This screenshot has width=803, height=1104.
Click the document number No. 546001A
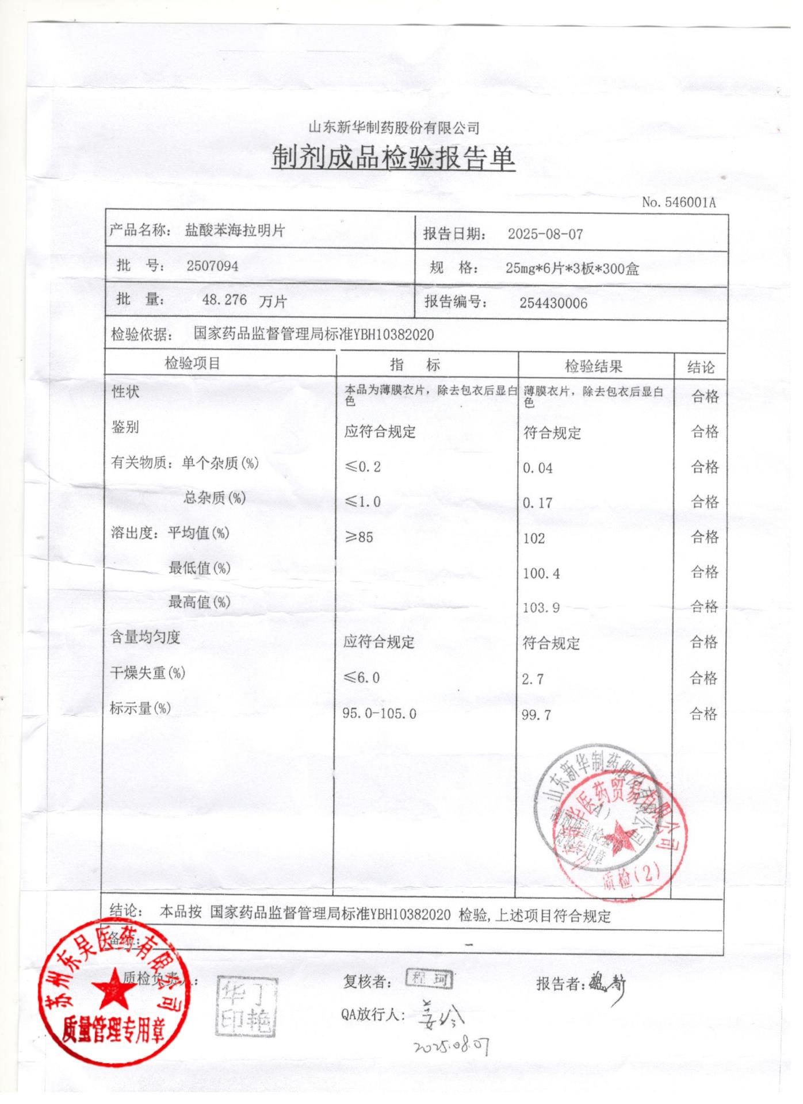679,202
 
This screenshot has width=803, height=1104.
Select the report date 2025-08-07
545,235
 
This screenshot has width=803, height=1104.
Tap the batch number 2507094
212,266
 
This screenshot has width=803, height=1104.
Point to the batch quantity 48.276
224,300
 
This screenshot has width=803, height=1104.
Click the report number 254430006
553,304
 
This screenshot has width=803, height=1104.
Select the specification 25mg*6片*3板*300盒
572,269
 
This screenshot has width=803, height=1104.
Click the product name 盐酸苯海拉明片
235,231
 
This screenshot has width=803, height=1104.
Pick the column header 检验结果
594,366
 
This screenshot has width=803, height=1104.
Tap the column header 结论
701,367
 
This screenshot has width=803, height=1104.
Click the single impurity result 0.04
537,469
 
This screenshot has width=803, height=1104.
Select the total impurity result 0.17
537,503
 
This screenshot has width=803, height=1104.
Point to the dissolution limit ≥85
359,538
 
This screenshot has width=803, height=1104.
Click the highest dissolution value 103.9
541,608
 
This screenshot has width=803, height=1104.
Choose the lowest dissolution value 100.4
541,573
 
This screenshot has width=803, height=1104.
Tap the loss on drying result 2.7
532,679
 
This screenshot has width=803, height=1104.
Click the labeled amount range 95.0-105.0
379,714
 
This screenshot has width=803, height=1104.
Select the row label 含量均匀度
146,637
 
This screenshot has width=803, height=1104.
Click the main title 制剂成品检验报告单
393,158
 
